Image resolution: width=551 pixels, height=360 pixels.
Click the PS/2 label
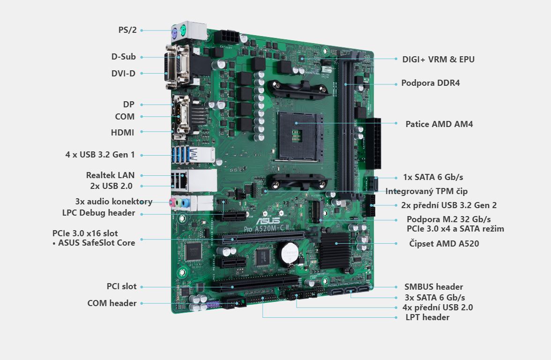(x=127, y=30)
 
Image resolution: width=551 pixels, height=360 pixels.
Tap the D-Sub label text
(x=123, y=57)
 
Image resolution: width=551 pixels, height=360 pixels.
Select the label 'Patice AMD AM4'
(x=439, y=124)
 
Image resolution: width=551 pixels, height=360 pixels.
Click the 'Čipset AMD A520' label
(x=444, y=244)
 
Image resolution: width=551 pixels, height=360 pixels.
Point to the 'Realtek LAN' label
(x=111, y=175)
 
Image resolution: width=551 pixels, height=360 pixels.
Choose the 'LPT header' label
(x=427, y=317)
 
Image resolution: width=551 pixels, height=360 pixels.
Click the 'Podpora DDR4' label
(x=431, y=83)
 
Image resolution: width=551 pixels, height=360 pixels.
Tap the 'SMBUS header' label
(x=434, y=287)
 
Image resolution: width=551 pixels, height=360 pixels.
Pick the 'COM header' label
(x=112, y=303)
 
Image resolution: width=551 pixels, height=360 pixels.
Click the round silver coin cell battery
(x=290, y=252)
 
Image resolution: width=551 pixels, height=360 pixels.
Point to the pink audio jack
(x=172, y=202)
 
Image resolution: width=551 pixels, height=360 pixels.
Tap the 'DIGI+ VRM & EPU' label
(x=438, y=60)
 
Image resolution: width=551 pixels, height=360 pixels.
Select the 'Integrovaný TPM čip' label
(x=426, y=191)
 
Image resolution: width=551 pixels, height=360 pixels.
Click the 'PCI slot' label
(x=122, y=286)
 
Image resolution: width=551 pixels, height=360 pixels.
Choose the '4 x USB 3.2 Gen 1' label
(x=100, y=155)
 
